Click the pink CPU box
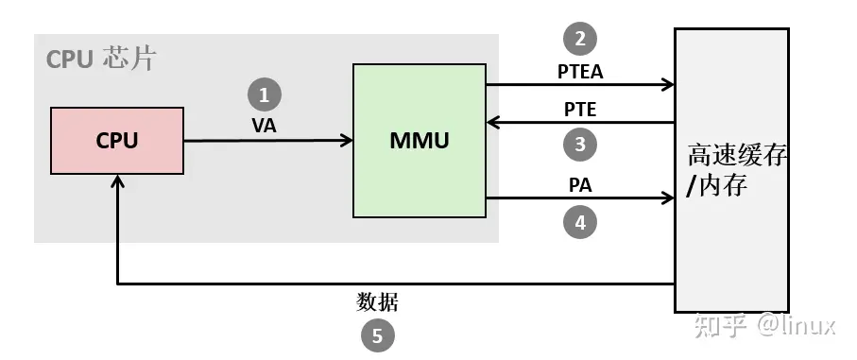click(x=117, y=141)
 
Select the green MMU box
click(x=419, y=141)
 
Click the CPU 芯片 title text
click(x=100, y=60)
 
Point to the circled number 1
click(x=265, y=94)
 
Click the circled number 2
click(x=580, y=39)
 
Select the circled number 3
click(x=580, y=145)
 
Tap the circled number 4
click(x=580, y=223)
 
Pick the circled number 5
click(x=378, y=335)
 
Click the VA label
click(x=265, y=125)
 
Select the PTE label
click(x=580, y=109)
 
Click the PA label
click(x=580, y=186)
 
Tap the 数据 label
click(x=378, y=302)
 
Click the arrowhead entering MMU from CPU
click(x=346, y=142)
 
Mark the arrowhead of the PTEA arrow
click(x=667, y=85)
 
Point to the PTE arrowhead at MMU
click(x=493, y=122)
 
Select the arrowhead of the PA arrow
click(x=667, y=199)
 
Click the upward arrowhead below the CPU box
click(x=116, y=183)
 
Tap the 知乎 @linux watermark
click(x=765, y=326)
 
